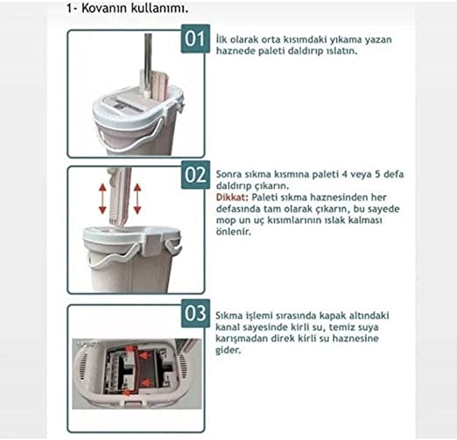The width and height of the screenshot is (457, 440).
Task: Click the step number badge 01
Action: click(195, 38)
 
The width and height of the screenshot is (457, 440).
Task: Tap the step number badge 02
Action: click(195, 175)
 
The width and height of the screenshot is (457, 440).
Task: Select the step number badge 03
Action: click(195, 313)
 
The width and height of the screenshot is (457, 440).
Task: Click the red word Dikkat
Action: click(232, 198)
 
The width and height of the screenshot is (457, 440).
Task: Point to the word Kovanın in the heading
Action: click(104, 8)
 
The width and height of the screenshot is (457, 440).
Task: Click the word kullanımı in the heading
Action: click(159, 8)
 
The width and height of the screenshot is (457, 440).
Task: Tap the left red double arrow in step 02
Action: click(102, 199)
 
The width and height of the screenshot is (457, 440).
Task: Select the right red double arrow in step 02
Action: click(137, 199)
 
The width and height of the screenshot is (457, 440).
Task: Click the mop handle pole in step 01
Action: click(148, 64)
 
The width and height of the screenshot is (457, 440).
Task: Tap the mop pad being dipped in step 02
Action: click(119, 197)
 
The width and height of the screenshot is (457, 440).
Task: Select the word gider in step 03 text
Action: click(228, 350)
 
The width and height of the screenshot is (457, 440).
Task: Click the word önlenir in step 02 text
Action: click(233, 232)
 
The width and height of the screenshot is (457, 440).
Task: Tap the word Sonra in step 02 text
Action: click(228, 174)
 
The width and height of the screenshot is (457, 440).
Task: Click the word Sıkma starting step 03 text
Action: click(228, 316)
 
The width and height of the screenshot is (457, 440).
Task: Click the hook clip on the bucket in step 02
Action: click(173, 247)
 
